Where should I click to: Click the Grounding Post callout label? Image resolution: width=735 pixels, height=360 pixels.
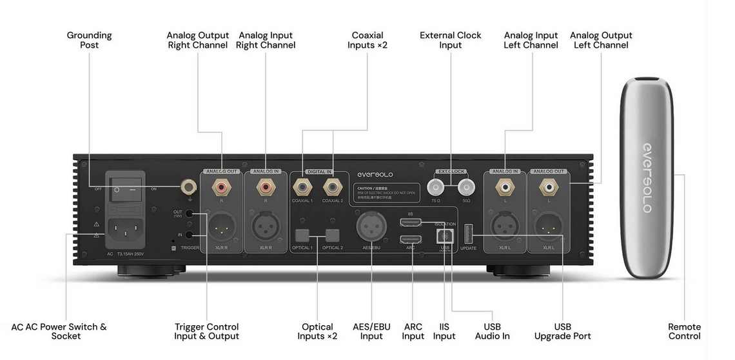(89, 40)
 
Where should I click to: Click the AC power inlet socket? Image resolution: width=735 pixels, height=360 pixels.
(126, 228)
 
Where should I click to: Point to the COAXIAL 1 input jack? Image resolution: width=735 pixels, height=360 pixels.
(302, 188)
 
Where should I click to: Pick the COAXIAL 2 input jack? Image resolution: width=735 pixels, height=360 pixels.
(333, 188)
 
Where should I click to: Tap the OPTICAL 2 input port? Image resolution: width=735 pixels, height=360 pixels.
(333, 236)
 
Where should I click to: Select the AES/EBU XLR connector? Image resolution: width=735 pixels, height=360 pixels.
(371, 228)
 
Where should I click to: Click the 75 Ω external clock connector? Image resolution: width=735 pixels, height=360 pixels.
(436, 188)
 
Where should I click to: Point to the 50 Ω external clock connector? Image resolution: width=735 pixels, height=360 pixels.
(465, 188)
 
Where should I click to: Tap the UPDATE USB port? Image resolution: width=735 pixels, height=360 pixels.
(468, 232)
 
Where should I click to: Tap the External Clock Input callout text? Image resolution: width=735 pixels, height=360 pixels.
(450, 40)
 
